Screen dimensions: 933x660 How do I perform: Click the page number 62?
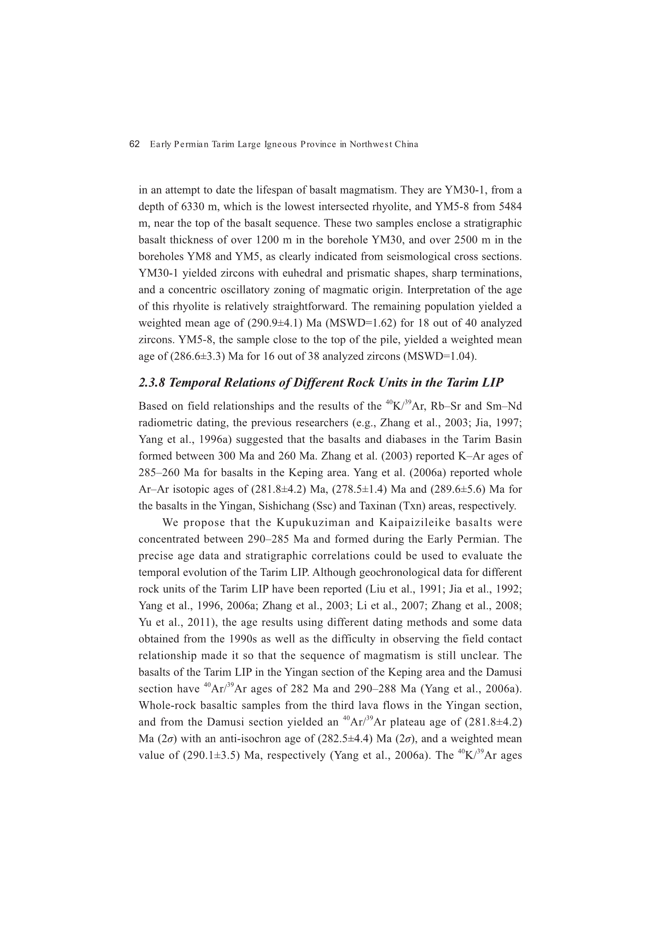pos(134,144)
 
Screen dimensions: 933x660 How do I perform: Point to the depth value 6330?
pos(193,207)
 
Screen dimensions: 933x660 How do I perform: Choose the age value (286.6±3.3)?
pos(197,357)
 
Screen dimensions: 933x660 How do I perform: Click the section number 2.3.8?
pos(152,383)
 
